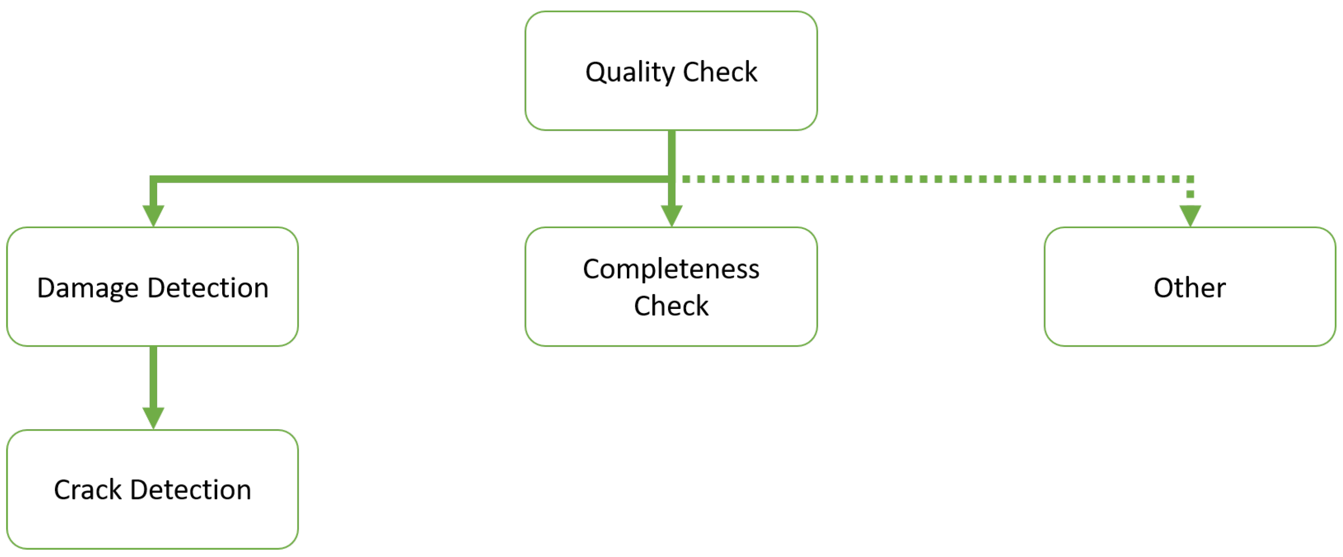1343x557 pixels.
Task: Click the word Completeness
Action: [671, 270]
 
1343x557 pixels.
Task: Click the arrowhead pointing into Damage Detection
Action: [153, 215]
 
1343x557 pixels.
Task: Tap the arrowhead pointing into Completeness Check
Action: [671, 215]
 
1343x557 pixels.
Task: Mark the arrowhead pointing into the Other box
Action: [1190, 215]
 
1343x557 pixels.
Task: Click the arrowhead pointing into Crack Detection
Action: [153, 417]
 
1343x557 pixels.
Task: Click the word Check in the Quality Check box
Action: [719, 72]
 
